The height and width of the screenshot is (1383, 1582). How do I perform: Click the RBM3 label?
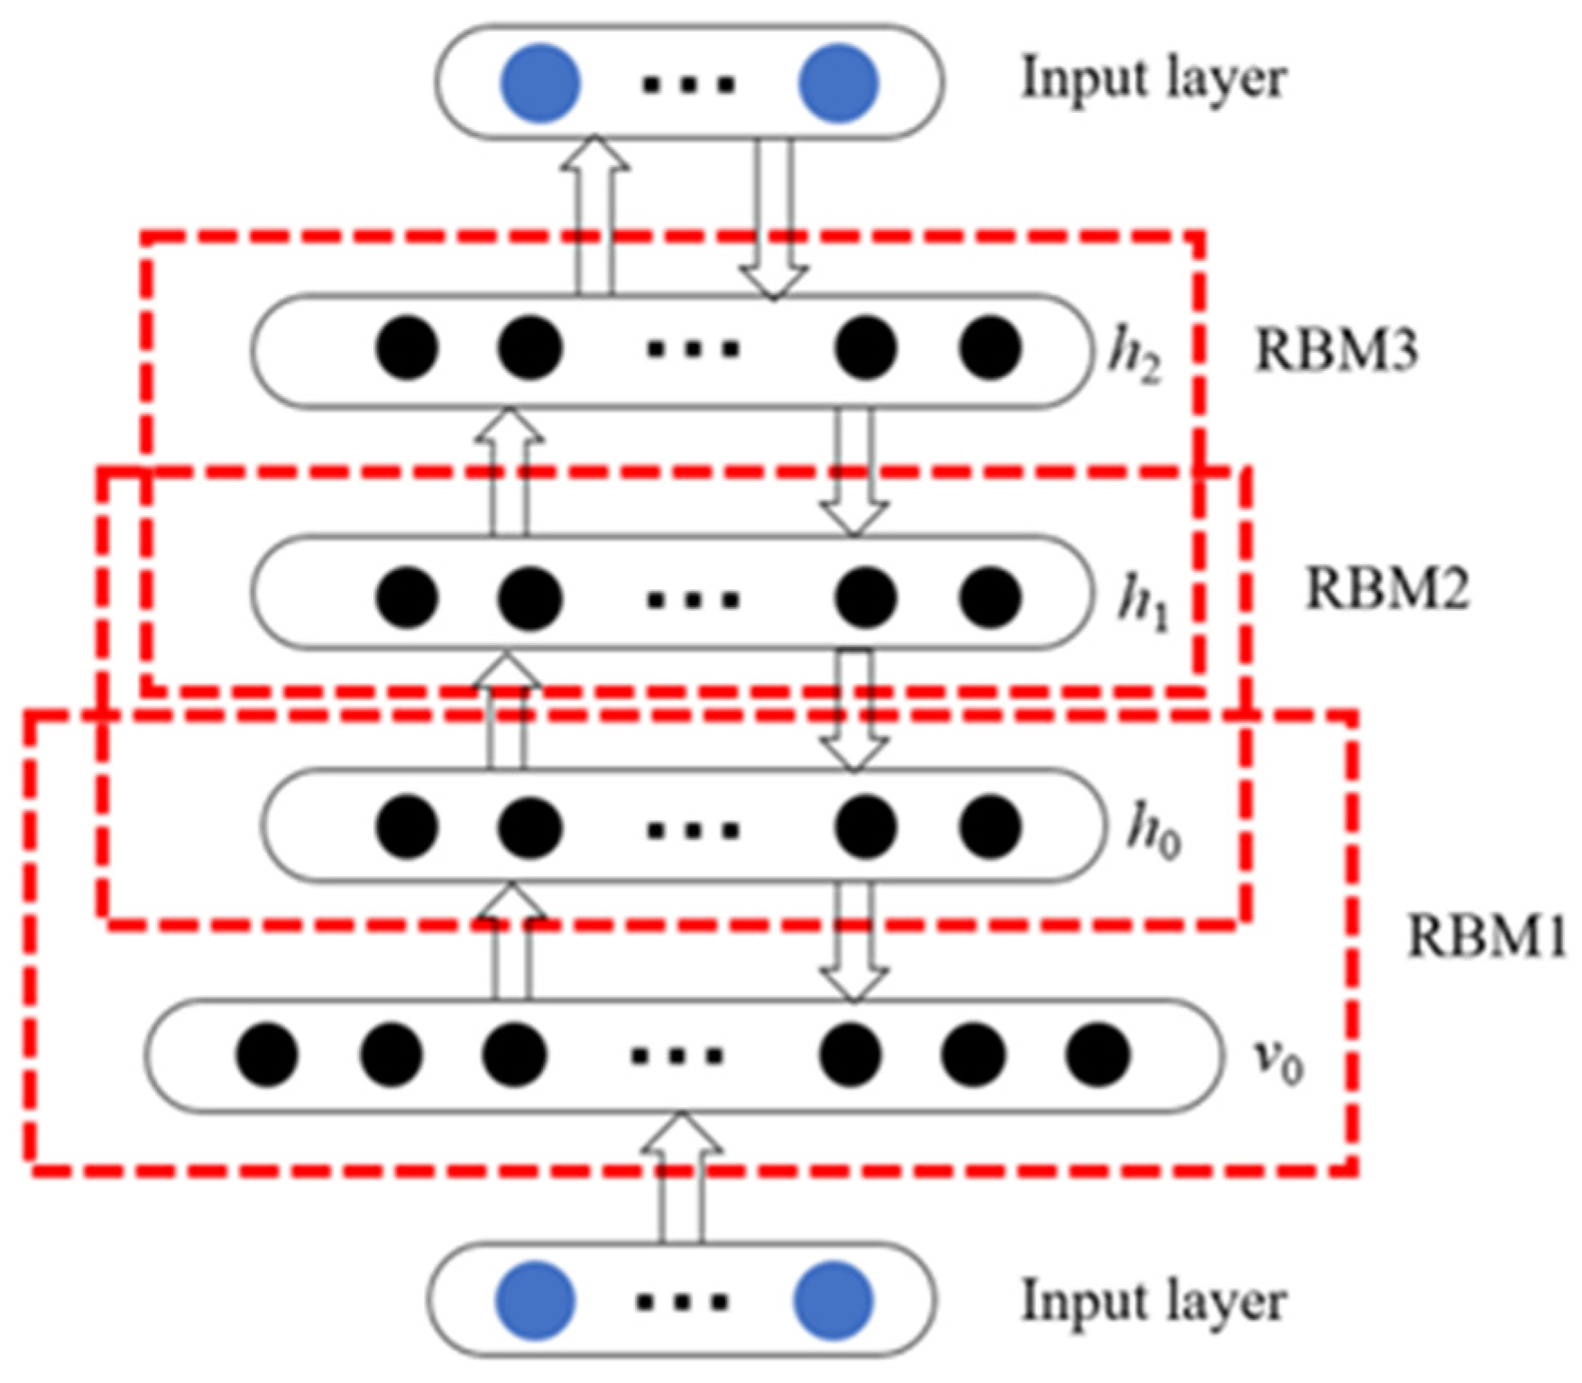point(1336,350)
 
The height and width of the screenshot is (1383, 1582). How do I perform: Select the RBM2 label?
point(1387,589)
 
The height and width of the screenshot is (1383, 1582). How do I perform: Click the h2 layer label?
point(1135,356)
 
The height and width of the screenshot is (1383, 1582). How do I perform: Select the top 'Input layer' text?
point(1153,79)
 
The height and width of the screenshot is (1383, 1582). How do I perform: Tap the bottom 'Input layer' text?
point(1153,1302)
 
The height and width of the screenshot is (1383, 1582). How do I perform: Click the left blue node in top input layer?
point(539,83)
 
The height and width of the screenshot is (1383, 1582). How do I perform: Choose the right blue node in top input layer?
point(838,83)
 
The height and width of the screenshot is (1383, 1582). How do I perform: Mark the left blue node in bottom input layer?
point(535,1301)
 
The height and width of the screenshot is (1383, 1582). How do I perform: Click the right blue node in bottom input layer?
point(832,1301)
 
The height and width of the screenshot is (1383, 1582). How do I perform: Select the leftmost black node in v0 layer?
point(267,1054)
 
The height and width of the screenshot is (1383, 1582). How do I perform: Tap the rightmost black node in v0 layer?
point(1097,1054)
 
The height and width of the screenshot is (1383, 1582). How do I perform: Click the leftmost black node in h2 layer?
point(407,347)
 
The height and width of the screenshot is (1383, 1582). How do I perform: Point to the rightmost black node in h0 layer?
point(989,826)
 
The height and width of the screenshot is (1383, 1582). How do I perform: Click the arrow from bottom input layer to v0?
point(681,1177)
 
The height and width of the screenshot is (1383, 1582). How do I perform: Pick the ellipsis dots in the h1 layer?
point(693,598)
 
